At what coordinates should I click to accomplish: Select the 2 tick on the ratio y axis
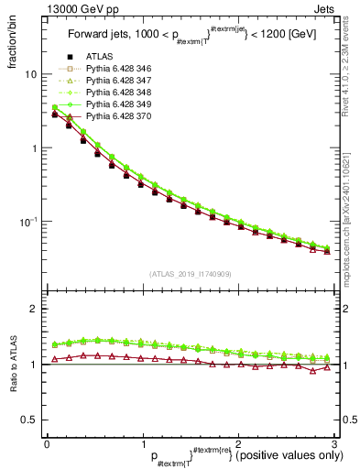pyautogui.click(x=29, y=309)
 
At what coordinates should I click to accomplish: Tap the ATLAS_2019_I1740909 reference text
pyautogui.click(x=190, y=274)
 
